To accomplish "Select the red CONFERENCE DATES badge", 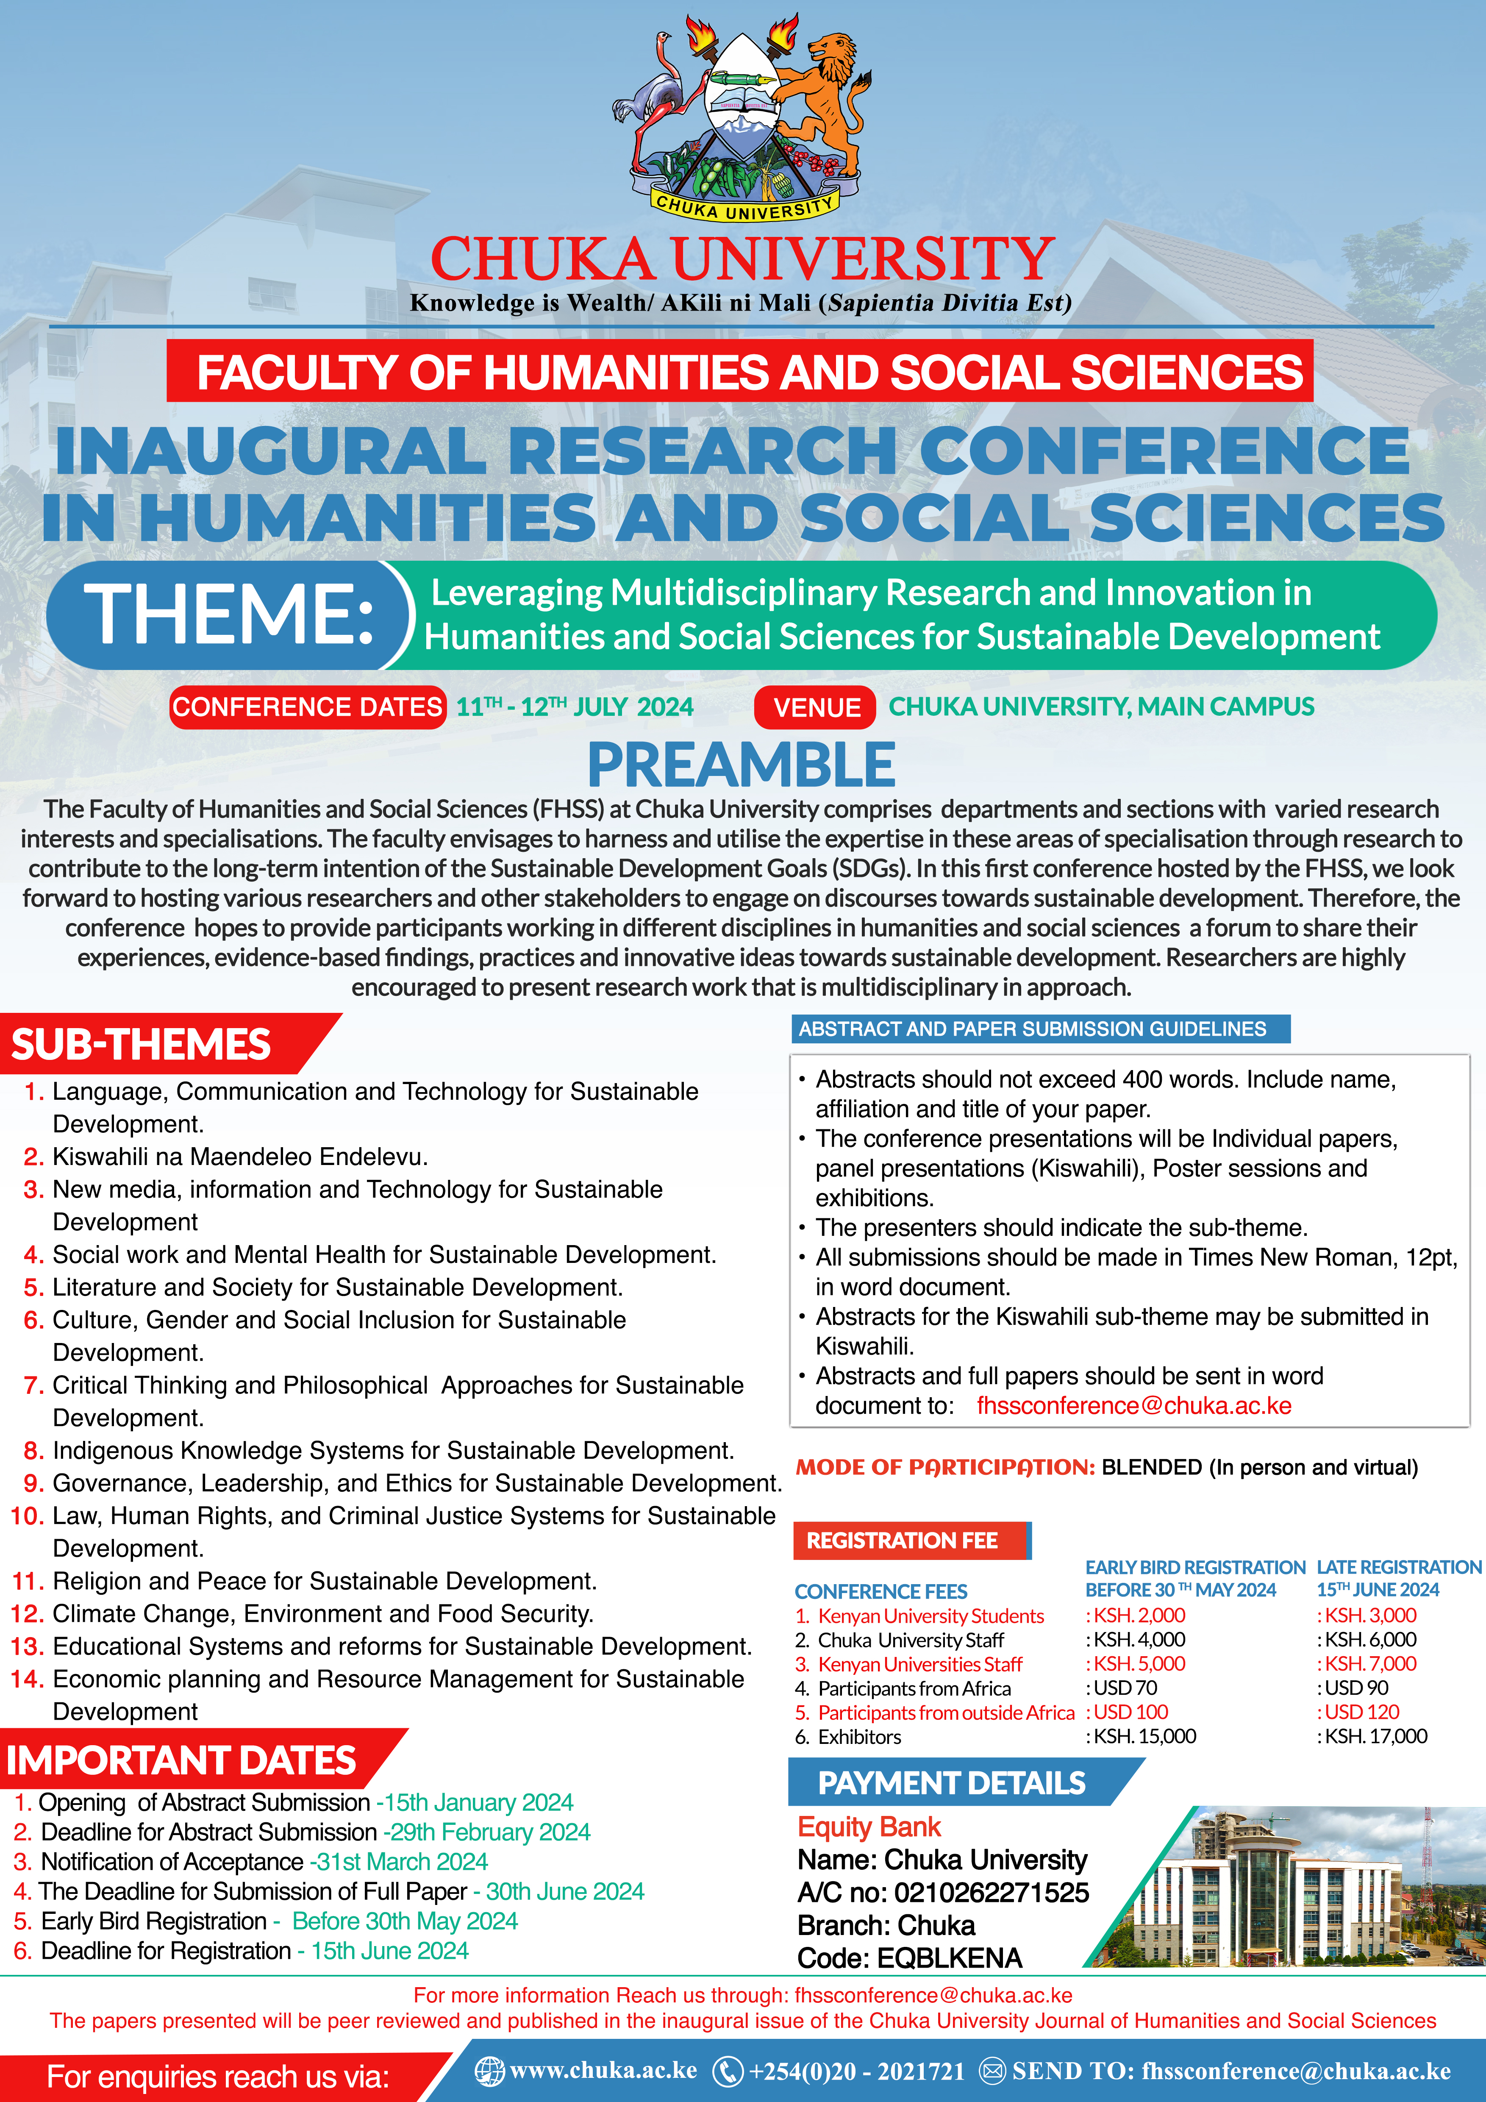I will click(x=308, y=707).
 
